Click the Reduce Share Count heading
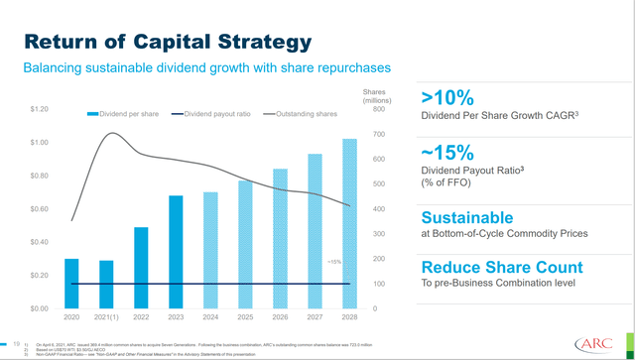[x=502, y=268]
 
